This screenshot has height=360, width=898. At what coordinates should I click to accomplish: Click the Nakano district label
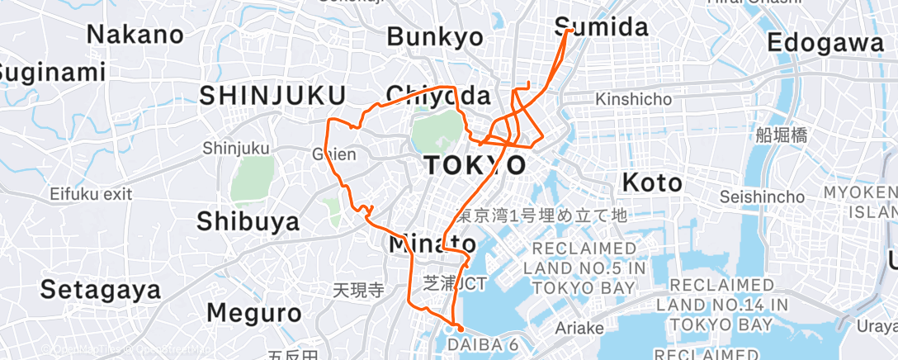click(x=135, y=35)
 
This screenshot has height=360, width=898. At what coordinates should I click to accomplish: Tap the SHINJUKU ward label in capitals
click(x=272, y=96)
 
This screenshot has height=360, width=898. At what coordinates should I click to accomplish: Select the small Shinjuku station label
click(x=236, y=149)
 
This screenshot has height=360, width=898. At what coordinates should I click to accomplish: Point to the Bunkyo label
click(x=434, y=37)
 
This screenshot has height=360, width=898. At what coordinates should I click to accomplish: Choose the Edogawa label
click(x=825, y=44)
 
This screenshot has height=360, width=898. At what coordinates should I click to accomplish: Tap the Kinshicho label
click(x=634, y=100)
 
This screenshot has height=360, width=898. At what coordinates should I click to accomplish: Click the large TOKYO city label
click(x=475, y=165)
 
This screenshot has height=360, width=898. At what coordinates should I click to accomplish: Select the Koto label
click(x=652, y=182)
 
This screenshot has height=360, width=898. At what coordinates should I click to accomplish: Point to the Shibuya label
click(x=248, y=222)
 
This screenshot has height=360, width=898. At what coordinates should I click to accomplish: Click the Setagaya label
click(x=100, y=291)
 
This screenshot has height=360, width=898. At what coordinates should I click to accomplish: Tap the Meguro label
click(x=254, y=314)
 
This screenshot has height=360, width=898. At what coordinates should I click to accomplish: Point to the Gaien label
click(x=333, y=154)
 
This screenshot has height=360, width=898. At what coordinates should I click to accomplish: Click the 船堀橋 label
click(x=780, y=135)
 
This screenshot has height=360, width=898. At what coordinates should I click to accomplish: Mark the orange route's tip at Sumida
click(x=570, y=31)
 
